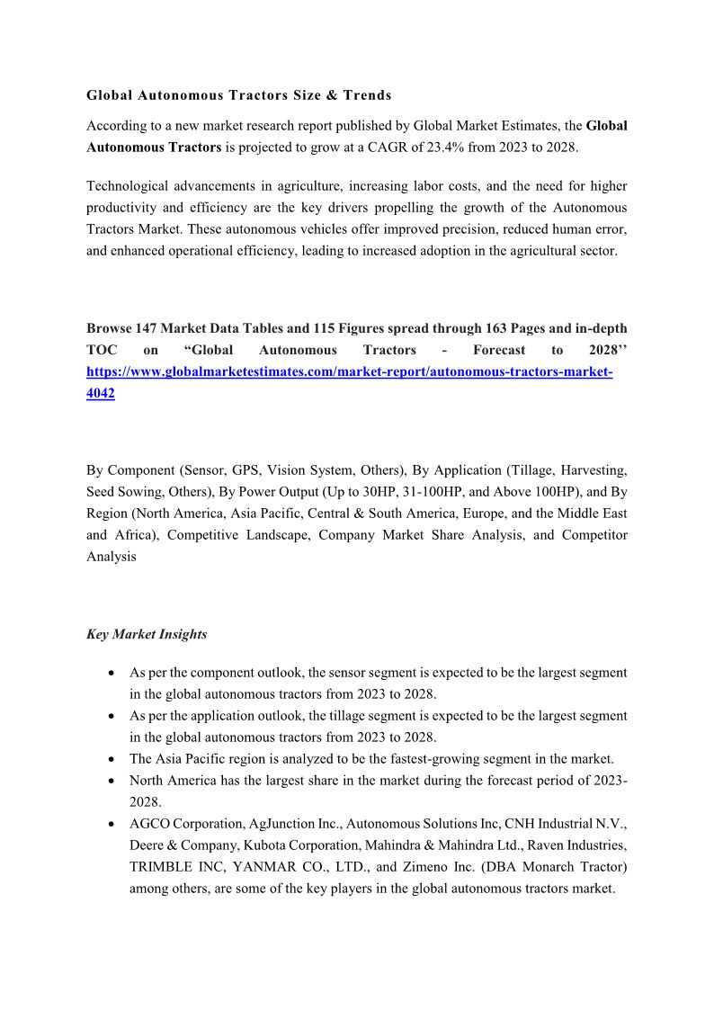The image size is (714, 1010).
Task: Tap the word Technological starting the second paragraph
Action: point(127,186)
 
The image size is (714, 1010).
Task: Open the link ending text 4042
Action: point(101,393)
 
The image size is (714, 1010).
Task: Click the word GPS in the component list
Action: point(245,470)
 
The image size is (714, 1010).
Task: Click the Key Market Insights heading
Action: point(147,634)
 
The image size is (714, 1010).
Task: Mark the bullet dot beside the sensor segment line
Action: point(110,673)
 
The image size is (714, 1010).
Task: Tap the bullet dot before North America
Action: point(110,781)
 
